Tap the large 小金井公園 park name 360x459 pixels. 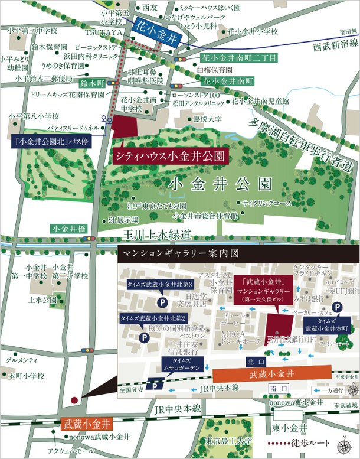(x=220, y=184)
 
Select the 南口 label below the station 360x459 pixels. (x=276, y=388)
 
